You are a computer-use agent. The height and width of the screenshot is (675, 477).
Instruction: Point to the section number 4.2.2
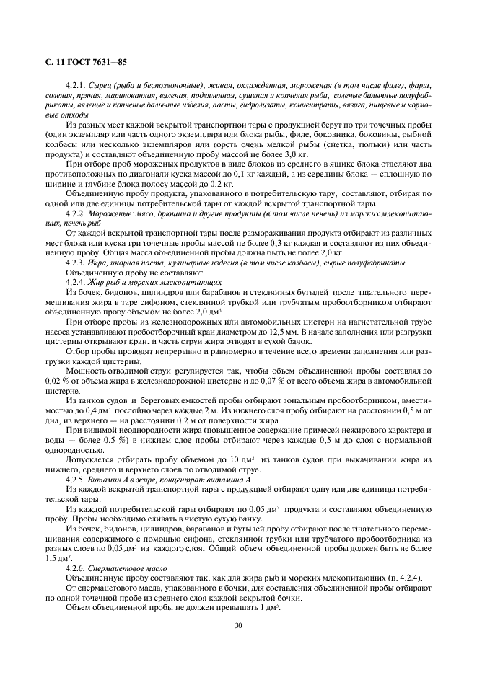pyautogui.click(x=76, y=214)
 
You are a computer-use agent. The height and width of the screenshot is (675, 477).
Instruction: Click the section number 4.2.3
pyautogui.click(x=76, y=262)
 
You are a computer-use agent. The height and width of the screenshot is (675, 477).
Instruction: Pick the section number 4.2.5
pyautogui.click(x=76, y=479)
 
